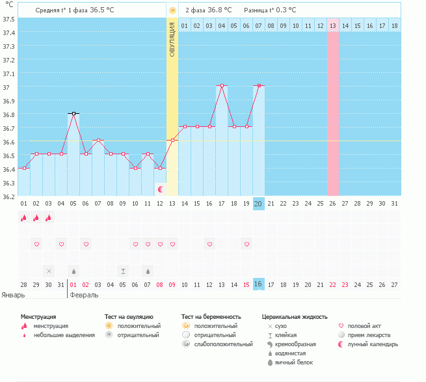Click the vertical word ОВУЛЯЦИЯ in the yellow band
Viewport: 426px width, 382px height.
click(x=172, y=39)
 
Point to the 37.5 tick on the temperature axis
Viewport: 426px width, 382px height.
click(x=10, y=19)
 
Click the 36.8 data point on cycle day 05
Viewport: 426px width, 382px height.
click(x=73, y=114)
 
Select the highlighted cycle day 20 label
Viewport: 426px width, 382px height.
click(x=258, y=204)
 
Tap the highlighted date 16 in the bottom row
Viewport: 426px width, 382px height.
click(x=258, y=284)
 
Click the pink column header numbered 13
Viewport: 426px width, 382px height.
click(x=333, y=25)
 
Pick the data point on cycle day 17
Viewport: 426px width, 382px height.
click(x=222, y=86)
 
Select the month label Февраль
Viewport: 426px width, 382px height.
click(x=84, y=295)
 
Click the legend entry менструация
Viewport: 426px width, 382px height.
click(x=51, y=325)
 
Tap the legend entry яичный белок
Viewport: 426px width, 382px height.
click(x=297, y=362)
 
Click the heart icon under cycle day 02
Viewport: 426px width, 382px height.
click(x=36, y=244)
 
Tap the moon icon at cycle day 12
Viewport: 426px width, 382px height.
click(x=160, y=189)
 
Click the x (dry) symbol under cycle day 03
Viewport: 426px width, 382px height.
click(x=49, y=271)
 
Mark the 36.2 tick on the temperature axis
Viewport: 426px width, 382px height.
click(x=10, y=196)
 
